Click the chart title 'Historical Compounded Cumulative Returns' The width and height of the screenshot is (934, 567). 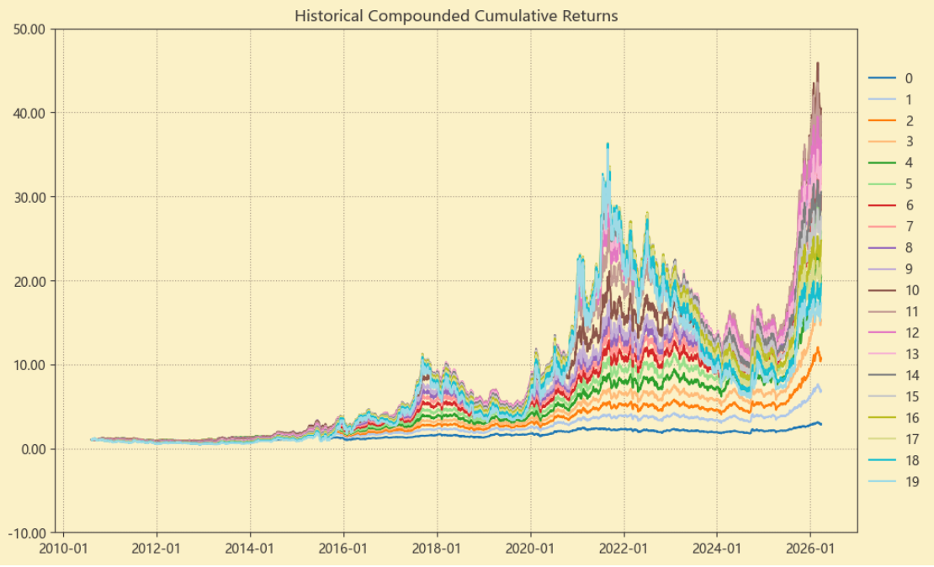pyautogui.click(x=456, y=16)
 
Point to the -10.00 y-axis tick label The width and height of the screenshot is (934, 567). pyautogui.click(x=30, y=533)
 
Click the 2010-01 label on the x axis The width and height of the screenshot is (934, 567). pyautogui.click(x=63, y=548)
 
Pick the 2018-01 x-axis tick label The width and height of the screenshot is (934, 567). pyautogui.click(x=437, y=548)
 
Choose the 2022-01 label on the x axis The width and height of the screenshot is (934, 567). pyautogui.click(x=624, y=548)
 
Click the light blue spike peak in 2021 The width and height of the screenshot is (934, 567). pyautogui.click(x=608, y=144)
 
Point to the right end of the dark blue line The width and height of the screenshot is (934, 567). pyautogui.click(x=821, y=424)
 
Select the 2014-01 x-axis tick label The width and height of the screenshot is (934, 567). pyautogui.click(x=250, y=548)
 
